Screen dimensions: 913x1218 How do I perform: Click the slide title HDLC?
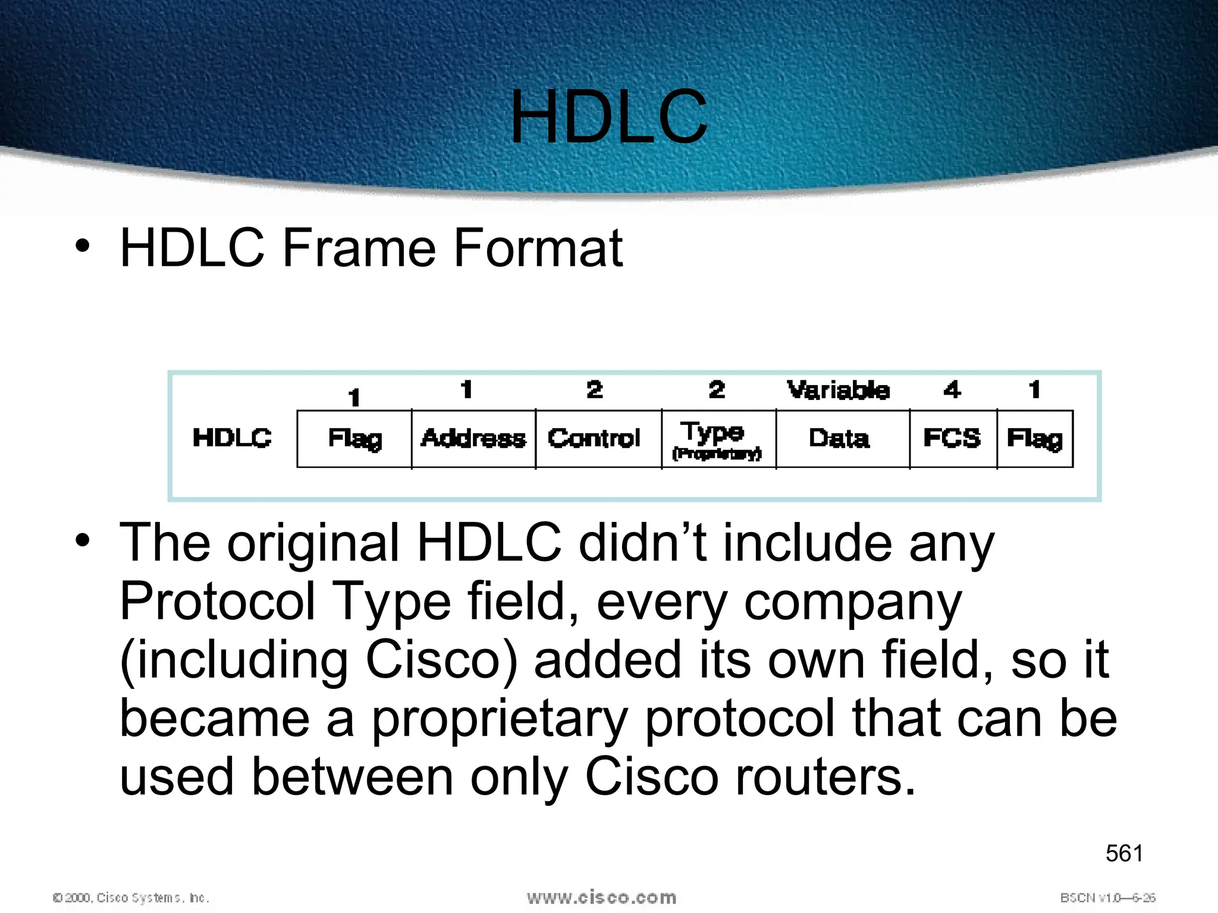[x=608, y=117]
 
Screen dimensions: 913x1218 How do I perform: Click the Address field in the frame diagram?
[x=473, y=439]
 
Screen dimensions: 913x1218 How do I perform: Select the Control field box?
[x=595, y=439]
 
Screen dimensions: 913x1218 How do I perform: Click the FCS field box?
[x=952, y=439]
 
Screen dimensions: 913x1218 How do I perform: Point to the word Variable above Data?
[x=839, y=391]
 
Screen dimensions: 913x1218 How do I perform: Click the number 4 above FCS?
[x=952, y=390]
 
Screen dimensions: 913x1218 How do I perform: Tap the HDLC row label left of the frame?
[x=232, y=438]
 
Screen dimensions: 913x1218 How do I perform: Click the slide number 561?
[x=1124, y=854]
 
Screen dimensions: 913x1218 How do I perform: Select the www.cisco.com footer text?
[x=601, y=897]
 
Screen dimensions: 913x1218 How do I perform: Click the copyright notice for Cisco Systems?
[x=131, y=898]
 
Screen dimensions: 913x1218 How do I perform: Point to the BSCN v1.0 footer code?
[x=1107, y=898]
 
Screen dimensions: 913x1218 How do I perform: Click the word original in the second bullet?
[x=313, y=543]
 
